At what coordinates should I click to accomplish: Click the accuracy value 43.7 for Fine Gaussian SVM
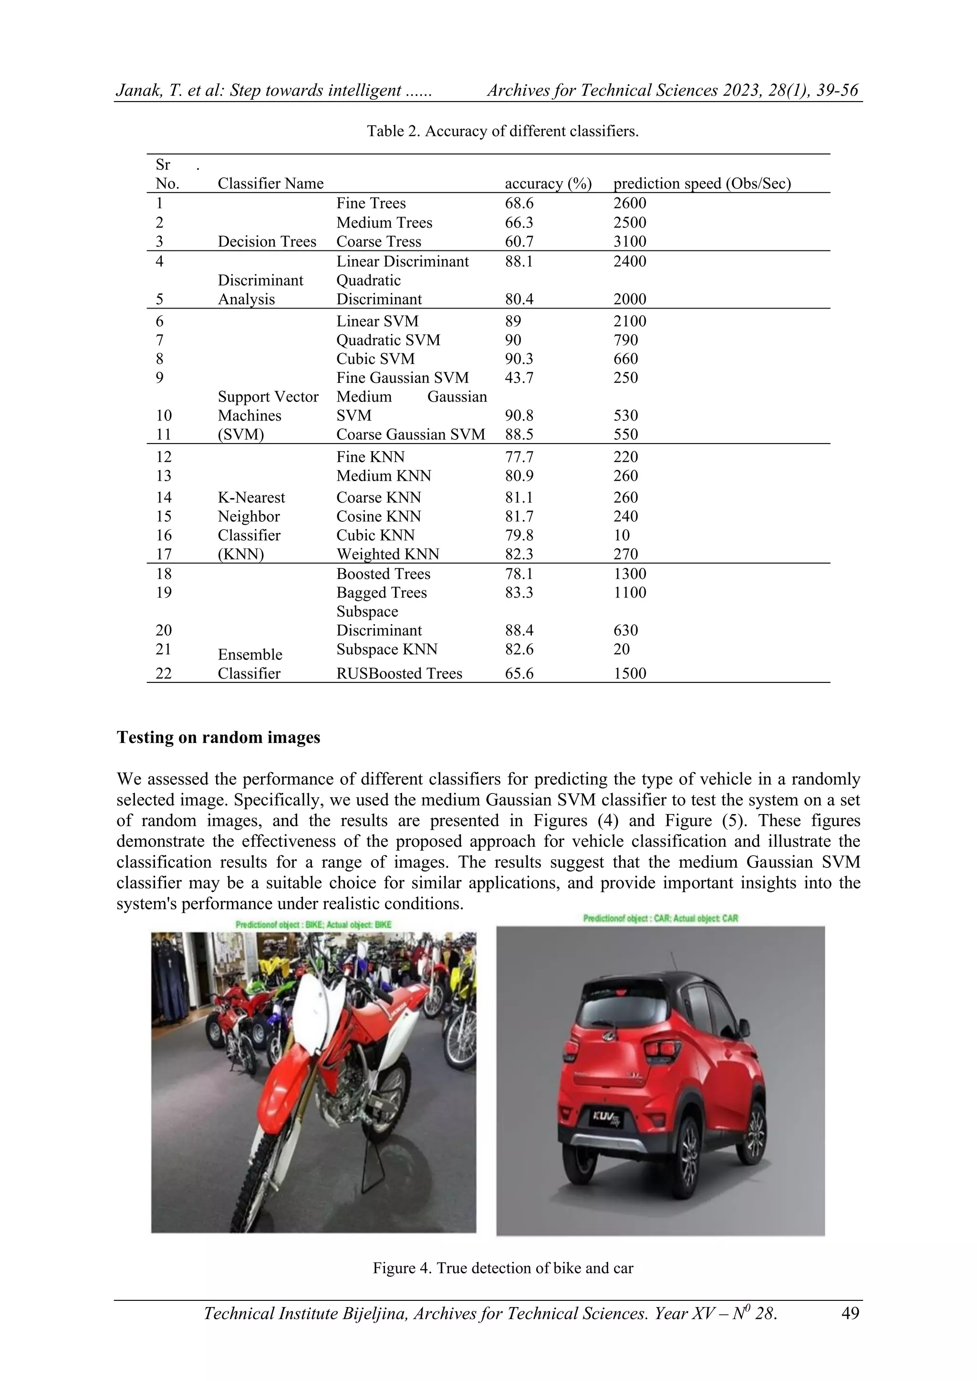(x=519, y=378)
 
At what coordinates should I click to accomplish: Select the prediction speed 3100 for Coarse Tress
(x=629, y=242)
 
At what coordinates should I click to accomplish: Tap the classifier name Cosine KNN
(x=378, y=516)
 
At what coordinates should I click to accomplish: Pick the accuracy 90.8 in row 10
(x=519, y=416)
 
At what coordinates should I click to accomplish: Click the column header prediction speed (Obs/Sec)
(x=701, y=184)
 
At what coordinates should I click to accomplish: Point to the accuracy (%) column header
(x=548, y=184)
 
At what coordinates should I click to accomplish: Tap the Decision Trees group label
(x=267, y=242)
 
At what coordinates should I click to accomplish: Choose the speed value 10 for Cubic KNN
(x=622, y=536)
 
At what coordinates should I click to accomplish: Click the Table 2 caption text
(x=502, y=131)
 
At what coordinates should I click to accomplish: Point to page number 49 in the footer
(x=850, y=1313)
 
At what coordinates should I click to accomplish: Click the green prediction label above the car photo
(x=660, y=918)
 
